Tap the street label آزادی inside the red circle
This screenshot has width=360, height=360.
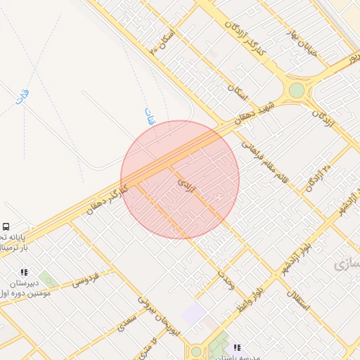185,186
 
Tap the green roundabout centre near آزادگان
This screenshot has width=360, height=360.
297,90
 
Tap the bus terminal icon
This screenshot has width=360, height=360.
6,227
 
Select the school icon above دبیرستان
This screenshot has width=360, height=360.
25,272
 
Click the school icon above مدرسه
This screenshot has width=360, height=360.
237,347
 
